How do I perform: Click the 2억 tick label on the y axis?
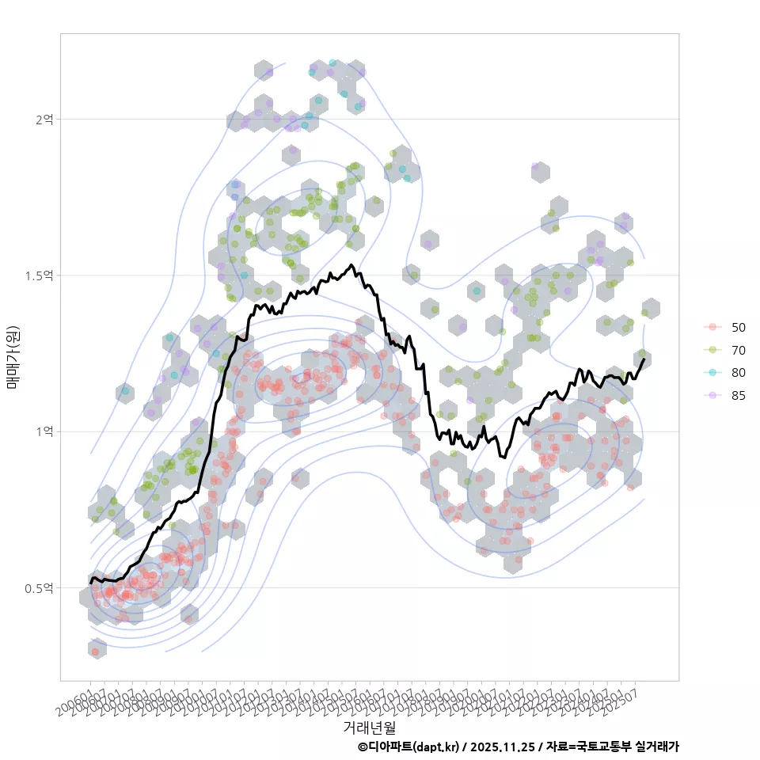[44, 119]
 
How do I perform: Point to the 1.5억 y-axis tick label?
[40, 275]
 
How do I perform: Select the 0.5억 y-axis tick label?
[40, 588]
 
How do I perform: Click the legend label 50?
[738, 327]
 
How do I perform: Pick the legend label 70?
[738, 350]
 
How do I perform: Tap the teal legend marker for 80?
[712, 373]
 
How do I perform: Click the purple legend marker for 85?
[712, 396]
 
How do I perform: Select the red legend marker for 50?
[712, 327]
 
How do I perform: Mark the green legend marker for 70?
[712, 350]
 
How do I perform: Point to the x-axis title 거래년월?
[369, 726]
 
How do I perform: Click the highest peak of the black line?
[351, 265]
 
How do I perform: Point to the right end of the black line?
[644, 359]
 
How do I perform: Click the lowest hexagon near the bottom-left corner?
[97, 649]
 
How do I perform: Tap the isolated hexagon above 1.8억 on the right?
[540, 172]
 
